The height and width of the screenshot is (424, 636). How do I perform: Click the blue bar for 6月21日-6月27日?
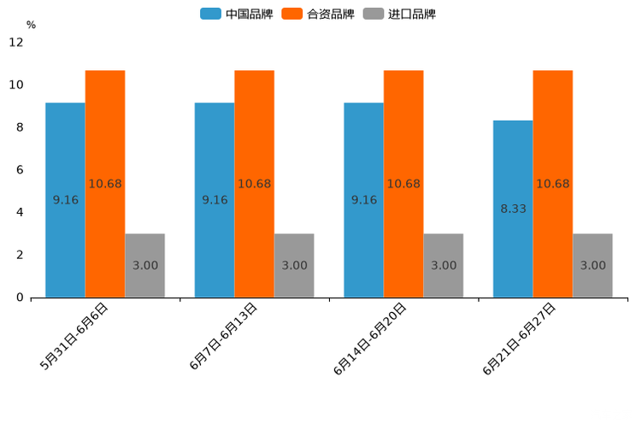(x=513, y=209)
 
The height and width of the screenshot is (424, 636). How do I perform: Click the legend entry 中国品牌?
(x=236, y=14)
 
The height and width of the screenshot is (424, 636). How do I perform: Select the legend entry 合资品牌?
(x=318, y=14)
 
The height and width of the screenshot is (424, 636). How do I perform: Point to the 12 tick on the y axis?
(x=16, y=43)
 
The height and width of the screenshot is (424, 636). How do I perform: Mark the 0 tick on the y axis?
(x=20, y=297)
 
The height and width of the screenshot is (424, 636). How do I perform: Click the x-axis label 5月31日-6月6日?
(x=75, y=337)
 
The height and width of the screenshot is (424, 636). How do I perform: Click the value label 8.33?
(x=513, y=209)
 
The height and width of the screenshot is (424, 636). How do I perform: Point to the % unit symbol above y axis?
(x=31, y=25)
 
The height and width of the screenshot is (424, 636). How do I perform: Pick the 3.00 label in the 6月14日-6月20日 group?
(x=444, y=266)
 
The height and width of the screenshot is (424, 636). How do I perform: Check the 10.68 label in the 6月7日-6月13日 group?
(x=254, y=184)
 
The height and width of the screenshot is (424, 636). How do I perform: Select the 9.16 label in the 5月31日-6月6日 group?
(x=65, y=200)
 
